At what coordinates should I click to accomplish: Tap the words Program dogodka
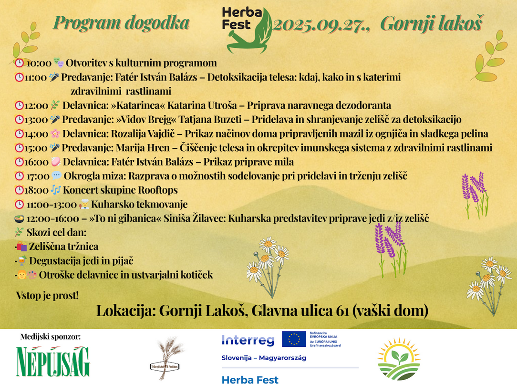[121, 22]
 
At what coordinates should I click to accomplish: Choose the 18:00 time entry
[36, 190]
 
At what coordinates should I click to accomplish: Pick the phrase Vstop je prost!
[47, 295]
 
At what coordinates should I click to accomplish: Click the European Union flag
[294, 339]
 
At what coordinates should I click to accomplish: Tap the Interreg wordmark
[248, 340]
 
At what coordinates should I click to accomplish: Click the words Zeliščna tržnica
[63, 247]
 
